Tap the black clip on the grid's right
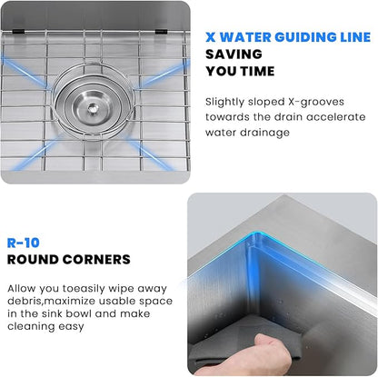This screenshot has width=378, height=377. click(160, 33)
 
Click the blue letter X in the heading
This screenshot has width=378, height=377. click(211, 38)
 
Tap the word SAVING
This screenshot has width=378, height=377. click(233, 55)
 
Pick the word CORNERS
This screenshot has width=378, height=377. click(95, 259)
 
